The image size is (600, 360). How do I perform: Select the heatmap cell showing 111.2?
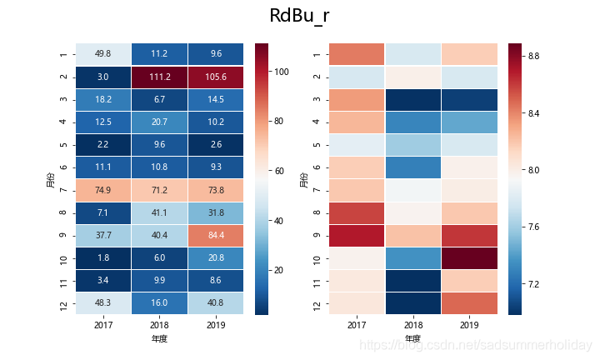161,77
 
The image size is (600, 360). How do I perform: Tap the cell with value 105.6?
217,77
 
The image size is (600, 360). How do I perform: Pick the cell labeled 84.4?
217,235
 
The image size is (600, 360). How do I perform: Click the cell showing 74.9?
104,189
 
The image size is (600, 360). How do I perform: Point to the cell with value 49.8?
104,54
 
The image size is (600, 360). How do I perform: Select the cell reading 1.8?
104,257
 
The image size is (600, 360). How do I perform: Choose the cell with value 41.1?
161,212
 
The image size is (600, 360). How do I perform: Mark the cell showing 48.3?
104,302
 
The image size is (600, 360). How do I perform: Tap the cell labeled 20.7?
161,122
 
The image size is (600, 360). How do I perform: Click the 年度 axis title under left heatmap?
161,339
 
